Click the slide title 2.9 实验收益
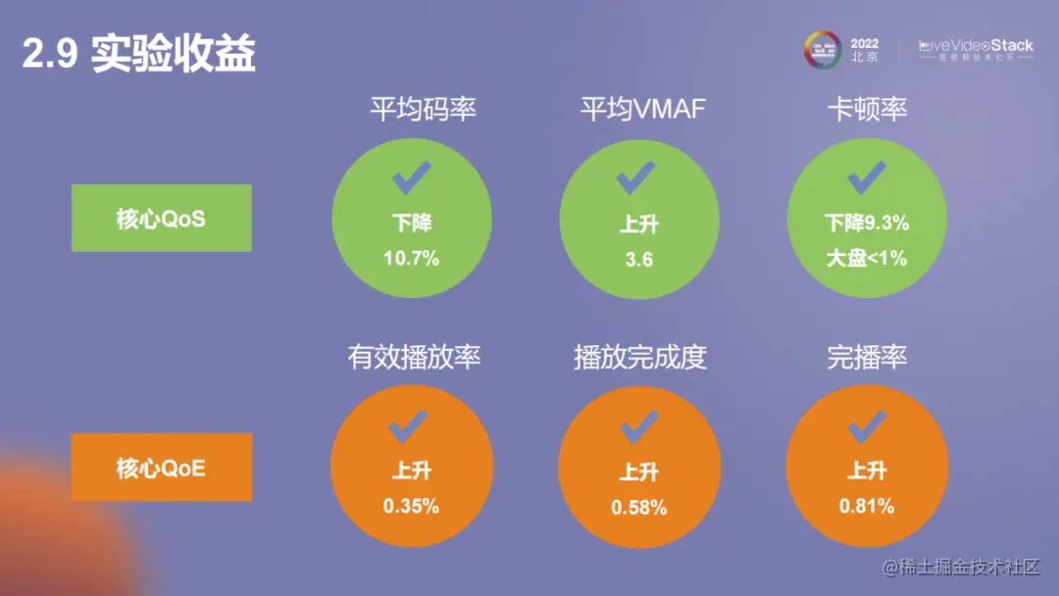coord(139,55)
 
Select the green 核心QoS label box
coord(161,218)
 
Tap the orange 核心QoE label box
coord(161,467)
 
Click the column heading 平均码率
coord(423,109)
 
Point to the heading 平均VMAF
coord(642,109)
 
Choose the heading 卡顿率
coord(867,109)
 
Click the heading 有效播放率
coord(414,357)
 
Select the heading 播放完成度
coord(640,357)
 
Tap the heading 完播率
coord(867,357)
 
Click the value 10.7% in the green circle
coord(411,259)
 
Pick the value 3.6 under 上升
coord(639,260)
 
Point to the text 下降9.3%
coord(867,223)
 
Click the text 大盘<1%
coord(867,259)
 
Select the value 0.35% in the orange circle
coord(411,507)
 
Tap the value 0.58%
coord(639,508)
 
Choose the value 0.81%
coord(867,507)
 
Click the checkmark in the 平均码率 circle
coord(411,178)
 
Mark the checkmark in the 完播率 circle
coord(867,426)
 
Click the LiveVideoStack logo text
coord(976,46)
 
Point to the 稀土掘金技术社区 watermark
coord(960,568)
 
